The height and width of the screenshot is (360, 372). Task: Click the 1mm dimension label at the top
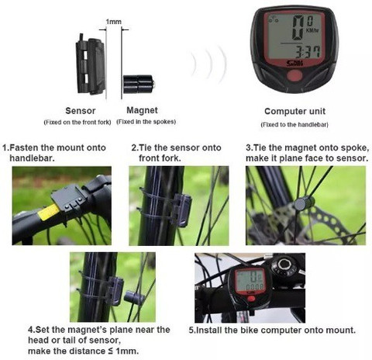[x=113, y=22]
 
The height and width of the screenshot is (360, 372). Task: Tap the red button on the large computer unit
[x=294, y=76]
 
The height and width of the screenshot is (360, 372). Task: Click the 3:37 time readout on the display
[x=308, y=52]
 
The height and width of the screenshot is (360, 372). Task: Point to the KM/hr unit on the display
[x=312, y=30]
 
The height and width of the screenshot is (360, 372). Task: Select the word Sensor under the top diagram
[x=81, y=111]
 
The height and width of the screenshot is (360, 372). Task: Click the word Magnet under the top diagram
[x=142, y=110]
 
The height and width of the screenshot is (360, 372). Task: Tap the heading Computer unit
[x=294, y=111]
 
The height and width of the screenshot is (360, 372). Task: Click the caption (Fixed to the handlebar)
[x=294, y=125]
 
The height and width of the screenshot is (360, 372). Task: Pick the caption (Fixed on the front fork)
[x=77, y=122]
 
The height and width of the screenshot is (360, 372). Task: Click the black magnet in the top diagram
[x=139, y=84]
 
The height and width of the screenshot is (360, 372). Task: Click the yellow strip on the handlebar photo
[x=48, y=212]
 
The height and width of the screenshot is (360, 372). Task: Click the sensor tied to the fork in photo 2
[x=181, y=210]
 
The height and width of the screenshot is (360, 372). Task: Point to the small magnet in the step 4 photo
[x=134, y=297]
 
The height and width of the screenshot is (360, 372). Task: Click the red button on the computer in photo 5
[x=250, y=299]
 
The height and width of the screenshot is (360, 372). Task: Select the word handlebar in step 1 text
[x=32, y=158]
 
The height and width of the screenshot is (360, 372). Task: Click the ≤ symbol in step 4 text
[x=110, y=351]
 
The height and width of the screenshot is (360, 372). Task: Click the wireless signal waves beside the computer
[x=208, y=64]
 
